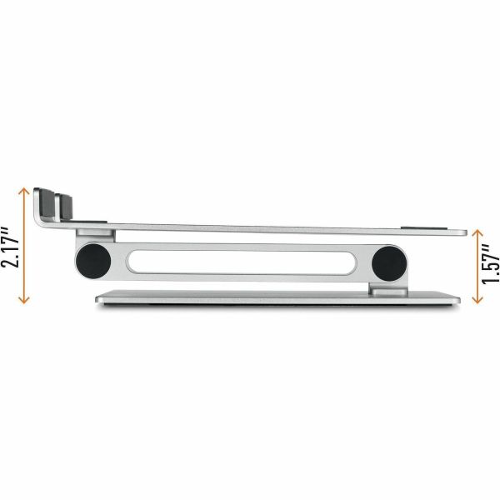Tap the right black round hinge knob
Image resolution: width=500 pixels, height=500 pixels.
(x=387, y=263)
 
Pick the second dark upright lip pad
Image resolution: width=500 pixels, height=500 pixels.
(x=65, y=207)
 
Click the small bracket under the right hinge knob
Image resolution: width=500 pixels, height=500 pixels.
(x=387, y=289)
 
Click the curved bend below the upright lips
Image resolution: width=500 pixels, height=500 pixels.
(x=40, y=221)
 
